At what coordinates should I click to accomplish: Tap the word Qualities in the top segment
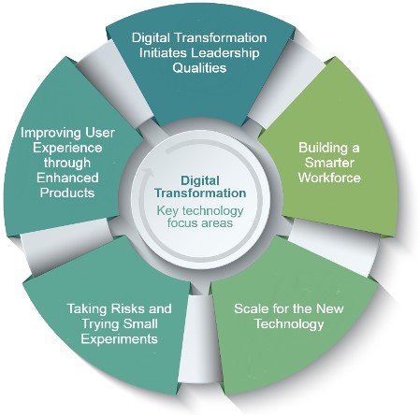tap(199, 67)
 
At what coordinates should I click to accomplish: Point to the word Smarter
tap(329, 163)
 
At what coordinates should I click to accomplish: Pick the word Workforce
tap(329, 178)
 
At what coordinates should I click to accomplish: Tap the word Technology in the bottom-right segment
tap(289, 324)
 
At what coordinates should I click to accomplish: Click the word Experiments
tap(119, 339)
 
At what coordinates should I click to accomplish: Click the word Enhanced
tap(67, 178)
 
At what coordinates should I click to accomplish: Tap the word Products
tap(67, 193)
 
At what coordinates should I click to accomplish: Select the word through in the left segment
tap(67, 163)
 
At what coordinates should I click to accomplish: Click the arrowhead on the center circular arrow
tap(149, 173)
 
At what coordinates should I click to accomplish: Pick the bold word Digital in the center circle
tap(200, 181)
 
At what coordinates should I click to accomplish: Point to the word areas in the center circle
tap(218, 223)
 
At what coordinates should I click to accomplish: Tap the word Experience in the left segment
tap(67, 148)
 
